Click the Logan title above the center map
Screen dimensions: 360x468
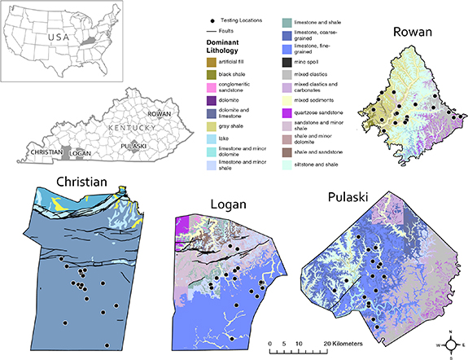tap(230, 202)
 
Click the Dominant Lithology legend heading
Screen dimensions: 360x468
tap(228, 46)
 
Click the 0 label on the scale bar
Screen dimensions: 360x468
tap(269, 344)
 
